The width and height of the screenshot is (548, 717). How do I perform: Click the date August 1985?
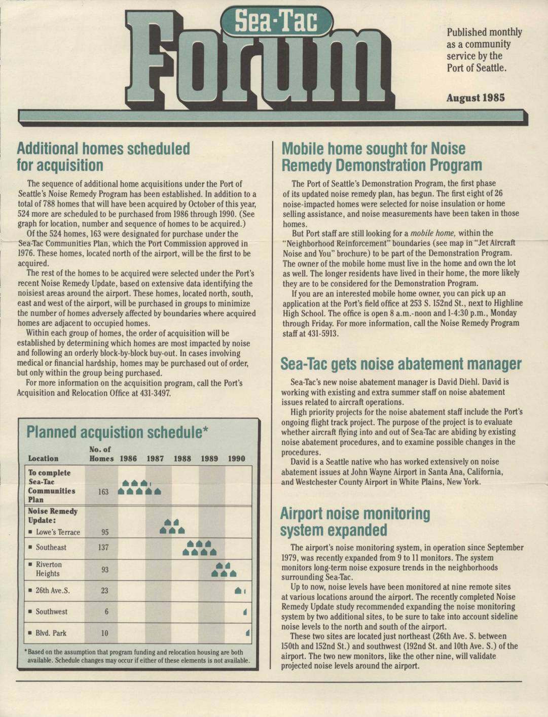point(475,98)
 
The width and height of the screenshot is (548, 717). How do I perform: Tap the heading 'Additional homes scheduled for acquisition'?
point(103,157)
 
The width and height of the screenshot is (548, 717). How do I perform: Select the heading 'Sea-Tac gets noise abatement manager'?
point(401,364)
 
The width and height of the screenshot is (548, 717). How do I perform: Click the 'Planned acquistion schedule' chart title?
point(117,432)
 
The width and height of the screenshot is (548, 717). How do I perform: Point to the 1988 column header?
point(182,459)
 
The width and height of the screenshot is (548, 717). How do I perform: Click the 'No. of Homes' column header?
point(101,454)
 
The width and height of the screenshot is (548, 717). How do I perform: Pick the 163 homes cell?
point(103,492)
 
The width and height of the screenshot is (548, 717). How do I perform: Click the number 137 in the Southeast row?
point(103,548)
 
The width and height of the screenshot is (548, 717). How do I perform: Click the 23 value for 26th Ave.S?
point(104,591)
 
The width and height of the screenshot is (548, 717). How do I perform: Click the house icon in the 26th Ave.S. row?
point(238,591)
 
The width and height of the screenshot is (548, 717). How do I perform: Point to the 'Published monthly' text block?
point(484,50)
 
